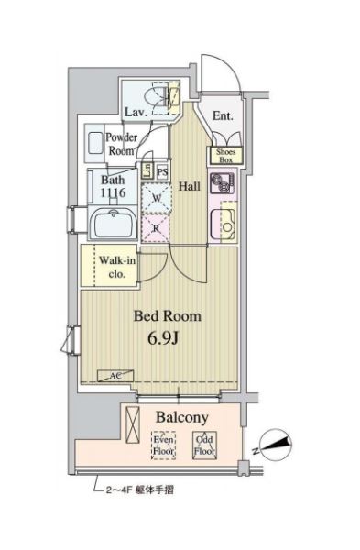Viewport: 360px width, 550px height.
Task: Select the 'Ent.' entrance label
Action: (222, 116)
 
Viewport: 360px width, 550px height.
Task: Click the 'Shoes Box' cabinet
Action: (225, 155)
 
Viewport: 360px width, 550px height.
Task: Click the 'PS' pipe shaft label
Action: (162, 171)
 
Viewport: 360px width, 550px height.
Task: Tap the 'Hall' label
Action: (190, 186)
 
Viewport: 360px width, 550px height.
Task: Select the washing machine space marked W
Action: (157, 197)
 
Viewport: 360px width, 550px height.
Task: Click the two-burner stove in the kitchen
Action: (221, 183)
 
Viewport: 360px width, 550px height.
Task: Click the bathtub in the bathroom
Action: (115, 225)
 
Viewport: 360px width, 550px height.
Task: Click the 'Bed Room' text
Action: (168, 315)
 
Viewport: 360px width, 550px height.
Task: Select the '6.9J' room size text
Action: (166, 337)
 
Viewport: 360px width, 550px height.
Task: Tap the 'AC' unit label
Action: (116, 376)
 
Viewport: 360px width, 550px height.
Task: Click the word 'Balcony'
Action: (181, 417)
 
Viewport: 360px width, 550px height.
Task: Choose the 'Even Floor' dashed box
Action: (163, 445)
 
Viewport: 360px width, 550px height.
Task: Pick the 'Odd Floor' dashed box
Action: (204, 445)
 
